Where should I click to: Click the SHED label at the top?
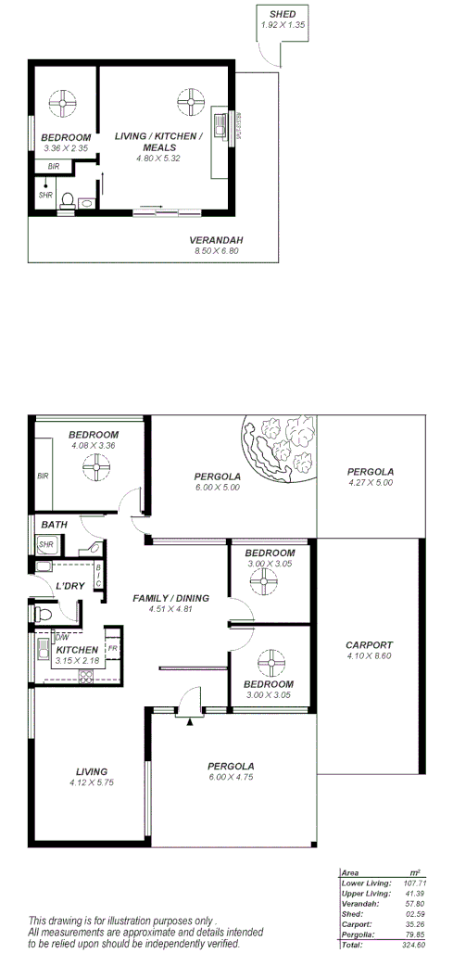(282, 15)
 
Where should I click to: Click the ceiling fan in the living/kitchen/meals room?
(189, 101)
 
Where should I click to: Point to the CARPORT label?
(369, 645)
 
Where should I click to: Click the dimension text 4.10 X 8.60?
(369, 657)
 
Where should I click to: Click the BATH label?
(54, 525)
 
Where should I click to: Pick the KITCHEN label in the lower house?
(76, 650)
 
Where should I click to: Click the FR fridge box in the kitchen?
(112, 647)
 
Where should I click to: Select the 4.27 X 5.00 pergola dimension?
(370, 482)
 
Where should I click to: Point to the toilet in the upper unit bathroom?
(65, 199)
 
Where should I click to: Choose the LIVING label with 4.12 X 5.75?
(88, 771)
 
